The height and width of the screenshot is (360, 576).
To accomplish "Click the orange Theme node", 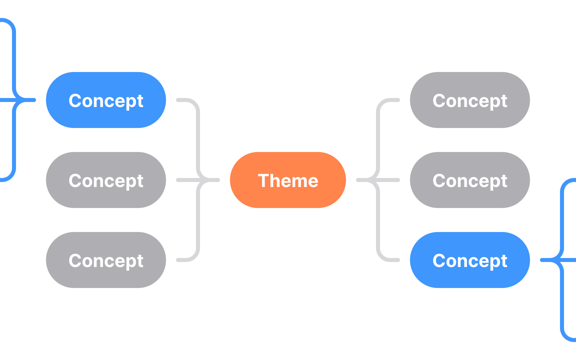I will [x=288, y=180].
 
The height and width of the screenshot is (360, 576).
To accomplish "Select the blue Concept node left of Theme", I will [x=106, y=100].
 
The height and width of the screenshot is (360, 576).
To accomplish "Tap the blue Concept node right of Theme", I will [x=470, y=260].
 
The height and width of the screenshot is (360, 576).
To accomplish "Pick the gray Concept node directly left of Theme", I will [x=106, y=180].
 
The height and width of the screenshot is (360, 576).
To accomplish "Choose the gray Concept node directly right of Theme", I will [x=470, y=180].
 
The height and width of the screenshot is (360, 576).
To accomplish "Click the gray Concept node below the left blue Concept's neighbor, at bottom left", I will [x=106, y=260].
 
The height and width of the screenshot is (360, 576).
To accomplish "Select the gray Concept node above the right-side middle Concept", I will [x=470, y=100].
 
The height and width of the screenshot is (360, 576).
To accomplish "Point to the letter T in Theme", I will [x=263, y=180].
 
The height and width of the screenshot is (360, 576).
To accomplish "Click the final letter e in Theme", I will [x=312, y=182].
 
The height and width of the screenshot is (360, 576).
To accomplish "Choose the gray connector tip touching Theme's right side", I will [x=360, y=180].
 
